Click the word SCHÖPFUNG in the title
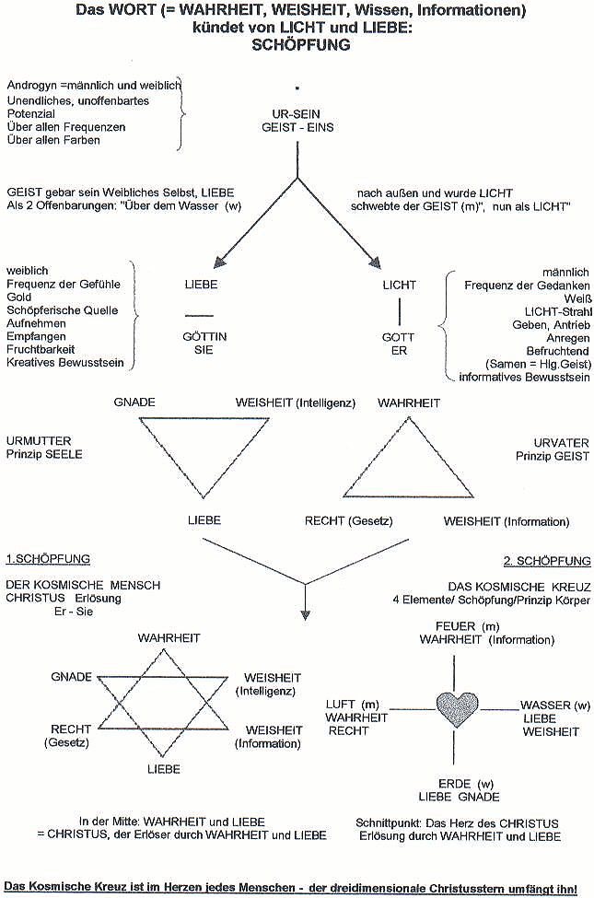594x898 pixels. [297, 44]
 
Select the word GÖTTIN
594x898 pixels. [205, 337]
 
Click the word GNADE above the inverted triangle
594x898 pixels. [135, 402]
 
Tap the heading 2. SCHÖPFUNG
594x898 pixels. [546, 561]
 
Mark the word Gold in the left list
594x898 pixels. [19, 298]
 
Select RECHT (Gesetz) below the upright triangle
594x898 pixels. [349, 521]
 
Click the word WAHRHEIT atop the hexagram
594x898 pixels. [169, 637]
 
